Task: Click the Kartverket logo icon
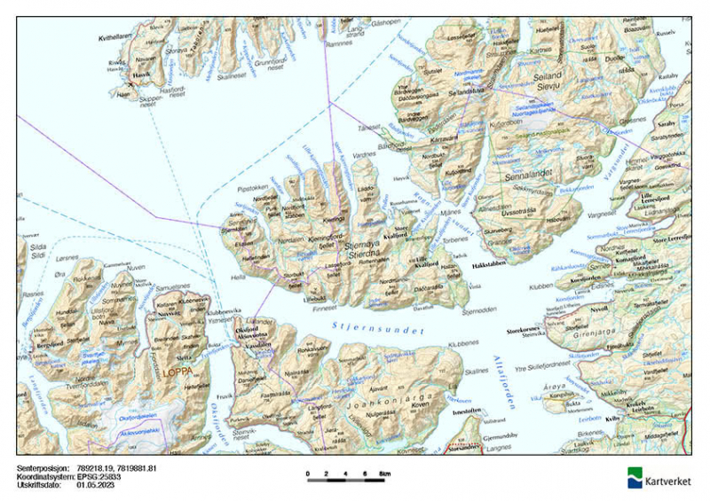pyautogui.click(x=635, y=477)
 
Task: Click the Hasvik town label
pyautogui.click(x=141, y=74)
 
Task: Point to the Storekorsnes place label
pyautogui.click(x=524, y=330)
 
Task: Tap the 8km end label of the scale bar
pyautogui.click(x=384, y=474)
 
